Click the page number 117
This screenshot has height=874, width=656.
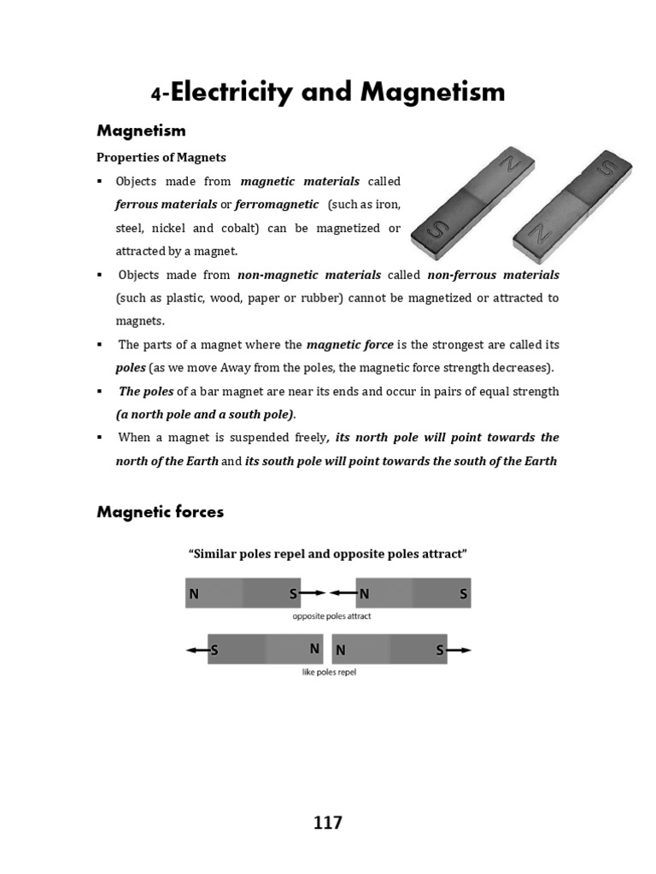(328, 823)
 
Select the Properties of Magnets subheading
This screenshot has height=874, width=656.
(161, 158)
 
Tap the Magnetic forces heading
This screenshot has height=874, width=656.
(161, 512)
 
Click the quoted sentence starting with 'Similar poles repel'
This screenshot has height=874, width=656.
(327, 554)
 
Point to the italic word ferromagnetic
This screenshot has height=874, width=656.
(278, 205)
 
